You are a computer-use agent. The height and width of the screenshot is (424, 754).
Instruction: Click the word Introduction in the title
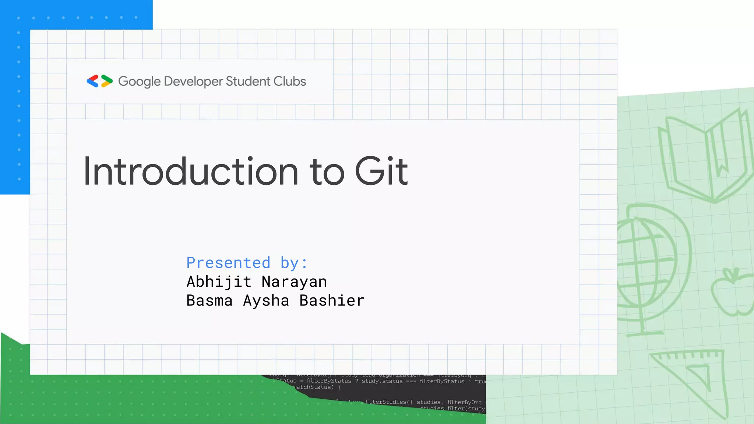click(191, 172)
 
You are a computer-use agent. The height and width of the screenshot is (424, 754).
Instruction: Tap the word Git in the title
click(381, 172)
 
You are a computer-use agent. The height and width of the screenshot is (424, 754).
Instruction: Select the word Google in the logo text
click(139, 81)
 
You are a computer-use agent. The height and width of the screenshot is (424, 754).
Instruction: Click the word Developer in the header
click(193, 81)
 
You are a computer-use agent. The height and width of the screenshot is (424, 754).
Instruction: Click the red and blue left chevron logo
click(93, 81)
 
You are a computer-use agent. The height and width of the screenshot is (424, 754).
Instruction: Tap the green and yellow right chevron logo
click(106, 81)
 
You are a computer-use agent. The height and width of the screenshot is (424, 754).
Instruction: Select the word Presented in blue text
click(228, 263)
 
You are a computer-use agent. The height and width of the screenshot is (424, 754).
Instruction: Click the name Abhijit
click(219, 282)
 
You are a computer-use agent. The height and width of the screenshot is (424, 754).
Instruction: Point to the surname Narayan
click(294, 282)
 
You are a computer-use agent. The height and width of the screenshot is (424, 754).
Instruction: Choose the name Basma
click(209, 301)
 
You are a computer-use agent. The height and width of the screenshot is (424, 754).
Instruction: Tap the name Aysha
click(266, 301)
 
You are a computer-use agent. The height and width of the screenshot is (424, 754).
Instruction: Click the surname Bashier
click(332, 301)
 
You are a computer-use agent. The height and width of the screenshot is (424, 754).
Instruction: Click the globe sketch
click(648, 265)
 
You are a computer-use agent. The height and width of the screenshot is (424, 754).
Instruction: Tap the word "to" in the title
click(327, 172)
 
